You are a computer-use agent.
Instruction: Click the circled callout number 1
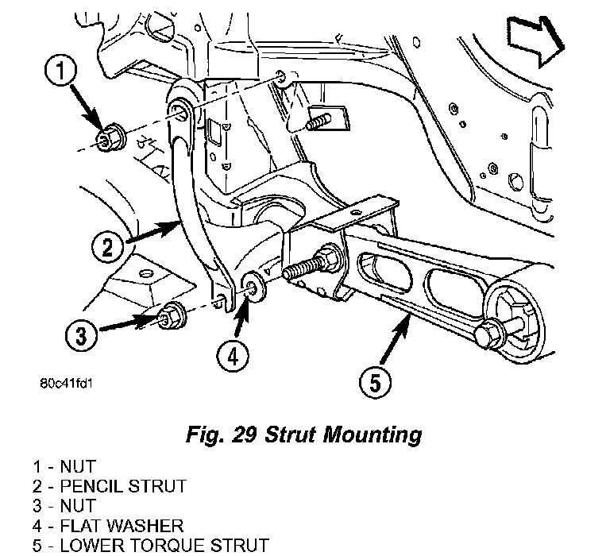(60, 71)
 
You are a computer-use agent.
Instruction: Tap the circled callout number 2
(108, 247)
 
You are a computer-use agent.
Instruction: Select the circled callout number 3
(81, 334)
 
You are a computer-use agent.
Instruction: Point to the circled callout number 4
(233, 356)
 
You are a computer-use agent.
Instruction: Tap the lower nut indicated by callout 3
(172, 316)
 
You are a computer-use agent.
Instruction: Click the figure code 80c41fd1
(67, 384)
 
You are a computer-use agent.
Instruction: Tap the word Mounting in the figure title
(373, 434)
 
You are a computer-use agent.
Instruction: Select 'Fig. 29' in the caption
(222, 434)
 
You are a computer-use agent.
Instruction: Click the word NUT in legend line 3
(78, 506)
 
